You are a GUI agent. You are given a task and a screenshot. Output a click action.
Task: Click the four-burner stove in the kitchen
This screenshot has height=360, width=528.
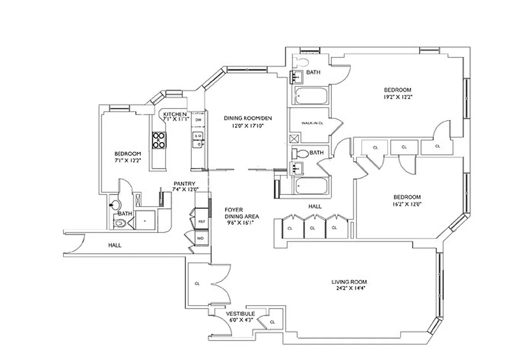pyautogui.click(x=159, y=140)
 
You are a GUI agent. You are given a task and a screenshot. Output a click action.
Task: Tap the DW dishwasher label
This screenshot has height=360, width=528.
pyautogui.click(x=198, y=121)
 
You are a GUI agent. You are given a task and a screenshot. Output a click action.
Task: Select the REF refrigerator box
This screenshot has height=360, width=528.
pyautogui.click(x=201, y=222)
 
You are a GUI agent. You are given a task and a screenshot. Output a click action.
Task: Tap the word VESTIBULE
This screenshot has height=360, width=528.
pyautogui.click(x=240, y=314)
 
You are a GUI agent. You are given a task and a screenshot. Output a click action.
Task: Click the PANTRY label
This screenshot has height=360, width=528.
pyautogui.click(x=184, y=184)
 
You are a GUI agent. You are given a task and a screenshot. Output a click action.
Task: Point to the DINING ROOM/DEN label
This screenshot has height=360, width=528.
pyautogui.click(x=249, y=118)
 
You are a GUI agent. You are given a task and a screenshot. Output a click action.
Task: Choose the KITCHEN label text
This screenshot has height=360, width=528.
pyautogui.click(x=175, y=114)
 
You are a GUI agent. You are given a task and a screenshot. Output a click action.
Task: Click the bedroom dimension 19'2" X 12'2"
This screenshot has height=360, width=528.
pyautogui.click(x=397, y=96)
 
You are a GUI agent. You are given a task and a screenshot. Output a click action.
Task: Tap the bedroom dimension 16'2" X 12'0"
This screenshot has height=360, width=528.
pyautogui.click(x=407, y=203)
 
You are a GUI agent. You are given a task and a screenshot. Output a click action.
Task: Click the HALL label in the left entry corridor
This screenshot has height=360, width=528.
pyautogui.click(x=115, y=245)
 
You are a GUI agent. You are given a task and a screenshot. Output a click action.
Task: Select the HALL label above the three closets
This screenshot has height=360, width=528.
pyautogui.click(x=315, y=206)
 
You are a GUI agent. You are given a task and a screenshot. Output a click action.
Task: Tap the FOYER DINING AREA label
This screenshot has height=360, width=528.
pyautogui.click(x=242, y=212)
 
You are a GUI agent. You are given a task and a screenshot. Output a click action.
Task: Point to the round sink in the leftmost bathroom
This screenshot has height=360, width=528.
pyautogui.click(x=115, y=205)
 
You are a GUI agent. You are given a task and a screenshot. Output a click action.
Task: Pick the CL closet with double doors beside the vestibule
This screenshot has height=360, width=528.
pyautogui.click(x=197, y=284)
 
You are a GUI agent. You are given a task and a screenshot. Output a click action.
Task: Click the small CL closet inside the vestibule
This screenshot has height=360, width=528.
pyautogui.click(x=272, y=322)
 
